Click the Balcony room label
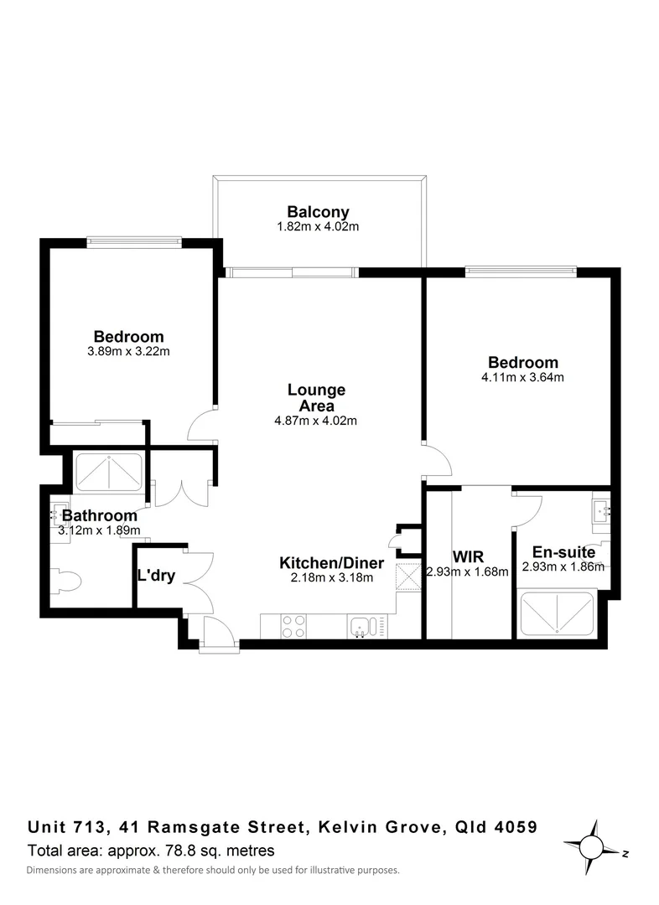(318, 212)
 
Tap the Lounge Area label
(316, 398)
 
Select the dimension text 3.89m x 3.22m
(128, 352)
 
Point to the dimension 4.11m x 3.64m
(522, 377)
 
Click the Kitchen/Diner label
(331, 563)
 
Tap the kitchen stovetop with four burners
(294, 625)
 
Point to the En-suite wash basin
(602, 511)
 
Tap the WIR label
(467, 557)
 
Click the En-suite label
(563, 552)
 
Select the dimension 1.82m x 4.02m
(318, 227)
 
